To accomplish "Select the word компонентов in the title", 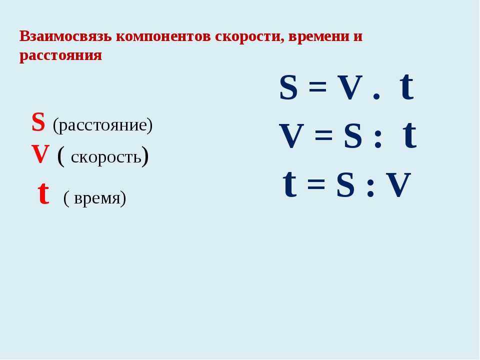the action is click(x=163, y=37).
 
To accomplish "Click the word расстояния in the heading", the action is click(x=60, y=55).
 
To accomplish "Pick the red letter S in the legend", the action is click(x=38, y=122).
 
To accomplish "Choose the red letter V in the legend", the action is click(x=40, y=153).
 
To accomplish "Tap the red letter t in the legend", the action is click(x=43, y=193).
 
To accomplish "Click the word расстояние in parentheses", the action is click(x=102, y=125).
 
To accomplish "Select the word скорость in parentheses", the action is click(x=106, y=157).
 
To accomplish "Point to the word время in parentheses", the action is click(x=97, y=198).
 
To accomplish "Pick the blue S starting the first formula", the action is click(x=288, y=87).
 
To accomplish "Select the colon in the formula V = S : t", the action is click(x=378, y=139).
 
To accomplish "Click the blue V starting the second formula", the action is click(x=291, y=136).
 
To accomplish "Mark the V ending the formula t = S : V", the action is click(x=398, y=185).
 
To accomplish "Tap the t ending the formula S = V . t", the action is click(x=407, y=86).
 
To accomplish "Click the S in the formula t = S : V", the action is click(x=345, y=185).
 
